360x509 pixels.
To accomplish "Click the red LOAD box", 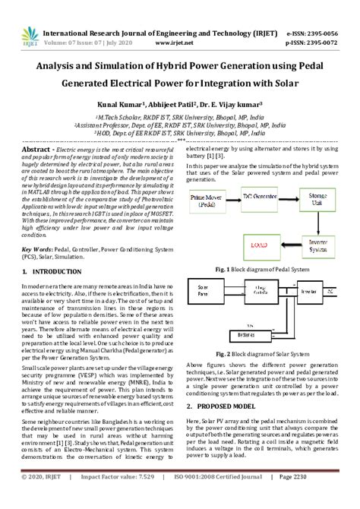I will [x=268, y=245].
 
